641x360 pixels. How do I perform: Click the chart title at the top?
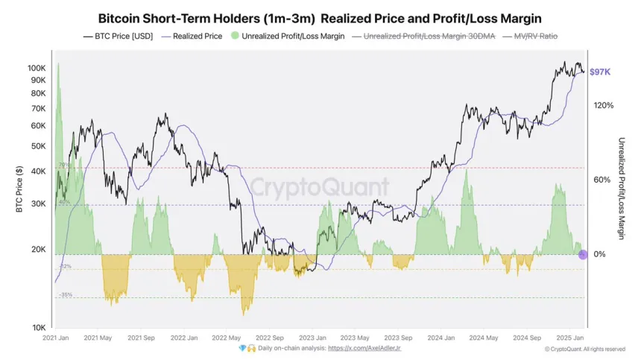(x=320, y=18)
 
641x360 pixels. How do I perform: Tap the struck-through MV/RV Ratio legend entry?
(x=531, y=36)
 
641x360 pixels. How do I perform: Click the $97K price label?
(x=601, y=72)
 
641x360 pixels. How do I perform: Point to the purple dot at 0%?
(x=583, y=255)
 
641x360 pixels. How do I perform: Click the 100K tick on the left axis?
(x=37, y=68)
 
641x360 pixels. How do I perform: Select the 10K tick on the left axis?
(x=39, y=328)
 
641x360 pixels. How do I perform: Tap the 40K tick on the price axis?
(x=39, y=171)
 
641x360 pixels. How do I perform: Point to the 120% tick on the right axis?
(x=603, y=106)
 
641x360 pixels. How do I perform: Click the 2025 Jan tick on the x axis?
(x=570, y=338)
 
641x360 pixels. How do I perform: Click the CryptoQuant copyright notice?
(x=584, y=349)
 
